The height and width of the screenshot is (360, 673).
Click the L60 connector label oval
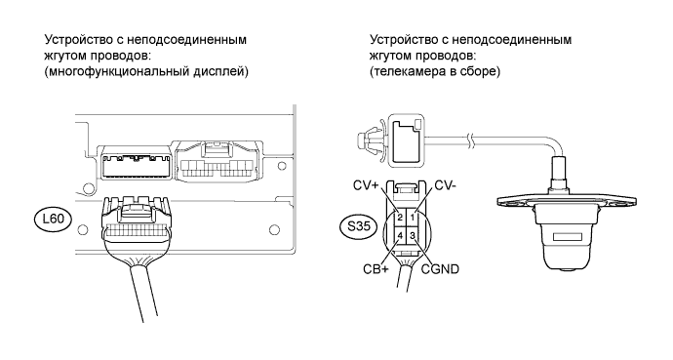(x=54, y=220)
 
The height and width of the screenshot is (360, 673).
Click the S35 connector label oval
(x=358, y=225)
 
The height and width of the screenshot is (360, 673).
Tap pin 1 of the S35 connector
(x=412, y=218)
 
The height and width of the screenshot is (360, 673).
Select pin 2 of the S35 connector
(x=400, y=218)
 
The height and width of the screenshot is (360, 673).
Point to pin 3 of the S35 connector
(x=412, y=235)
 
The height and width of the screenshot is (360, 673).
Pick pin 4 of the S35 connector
(x=400, y=235)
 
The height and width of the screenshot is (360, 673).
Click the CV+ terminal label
(x=366, y=185)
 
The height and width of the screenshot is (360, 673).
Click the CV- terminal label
(x=446, y=185)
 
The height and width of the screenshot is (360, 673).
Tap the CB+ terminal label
(x=376, y=269)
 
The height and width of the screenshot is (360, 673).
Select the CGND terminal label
(x=440, y=269)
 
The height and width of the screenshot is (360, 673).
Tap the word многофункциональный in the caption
(x=117, y=71)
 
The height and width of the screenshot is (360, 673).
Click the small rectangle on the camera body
(x=566, y=237)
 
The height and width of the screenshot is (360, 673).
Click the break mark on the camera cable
(x=472, y=140)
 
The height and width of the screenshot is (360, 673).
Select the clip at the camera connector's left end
(x=370, y=140)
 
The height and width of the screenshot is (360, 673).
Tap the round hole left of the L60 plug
(x=83, y=229)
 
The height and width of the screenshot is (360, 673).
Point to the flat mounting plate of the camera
(x=567, y=203)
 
